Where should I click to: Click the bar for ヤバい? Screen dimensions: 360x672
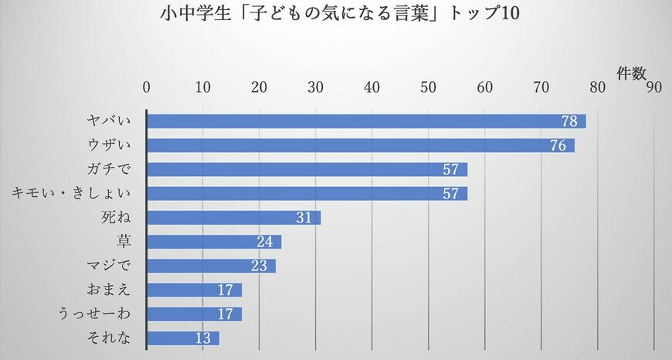(366, 121)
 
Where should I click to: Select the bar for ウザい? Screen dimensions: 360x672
(361, 145)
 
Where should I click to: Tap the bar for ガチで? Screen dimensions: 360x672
(307, 169)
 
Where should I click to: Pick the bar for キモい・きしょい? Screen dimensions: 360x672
(307, 193)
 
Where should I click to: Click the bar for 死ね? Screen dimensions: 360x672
(233, 218)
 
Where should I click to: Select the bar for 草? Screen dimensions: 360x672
(214, 242)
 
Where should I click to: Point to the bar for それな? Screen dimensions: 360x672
(183, 338)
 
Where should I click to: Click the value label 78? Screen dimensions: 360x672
(571, 121)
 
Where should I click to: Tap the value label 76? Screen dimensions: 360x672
(559, 145)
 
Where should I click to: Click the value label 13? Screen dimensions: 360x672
(204, 338)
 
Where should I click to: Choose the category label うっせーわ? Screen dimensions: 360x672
(95, 314)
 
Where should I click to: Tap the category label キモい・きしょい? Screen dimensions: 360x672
(72, 193)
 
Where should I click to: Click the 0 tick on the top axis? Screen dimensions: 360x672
(147, 87)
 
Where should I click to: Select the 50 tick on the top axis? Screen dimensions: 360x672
(429, 87)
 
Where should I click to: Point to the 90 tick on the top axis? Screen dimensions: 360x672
(654, 87)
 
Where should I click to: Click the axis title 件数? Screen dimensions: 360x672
(631, 73)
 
